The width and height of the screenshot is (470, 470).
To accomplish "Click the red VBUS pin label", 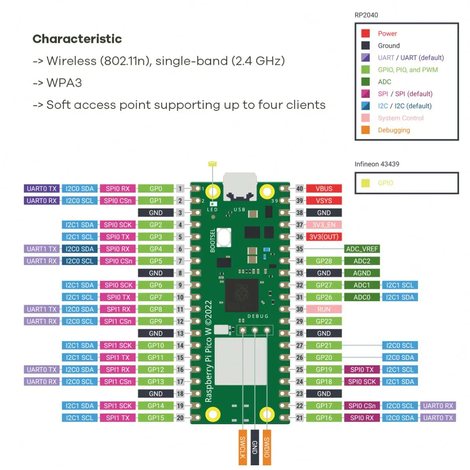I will (x=324, y=189).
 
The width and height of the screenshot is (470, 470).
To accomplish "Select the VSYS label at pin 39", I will (x=324, y=200).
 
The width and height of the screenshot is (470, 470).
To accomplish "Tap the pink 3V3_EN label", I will (x=324, y=225).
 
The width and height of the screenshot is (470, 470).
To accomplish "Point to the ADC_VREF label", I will (x=362, y=249).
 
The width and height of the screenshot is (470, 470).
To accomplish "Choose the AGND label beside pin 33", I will (x=362, y=273).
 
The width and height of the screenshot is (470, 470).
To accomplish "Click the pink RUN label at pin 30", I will (x=324, y=309).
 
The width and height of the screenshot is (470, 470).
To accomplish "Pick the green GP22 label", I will (x=324, y=321).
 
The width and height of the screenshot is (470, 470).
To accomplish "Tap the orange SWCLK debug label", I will (x=243, y=448).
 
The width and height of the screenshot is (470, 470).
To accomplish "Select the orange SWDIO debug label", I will (x=267, y=448).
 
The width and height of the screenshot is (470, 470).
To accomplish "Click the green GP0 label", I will (x=155, y=189).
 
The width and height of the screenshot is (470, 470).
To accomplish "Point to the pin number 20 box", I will (x=180, y=418).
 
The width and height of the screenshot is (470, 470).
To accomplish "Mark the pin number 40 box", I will (x=300, y=189).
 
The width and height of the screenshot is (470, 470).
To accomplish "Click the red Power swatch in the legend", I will (x=365, y=34).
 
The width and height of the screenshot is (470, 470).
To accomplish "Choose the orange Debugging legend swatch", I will (x=365, y=130).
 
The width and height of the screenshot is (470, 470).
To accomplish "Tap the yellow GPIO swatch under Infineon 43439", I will (x=365, y=183).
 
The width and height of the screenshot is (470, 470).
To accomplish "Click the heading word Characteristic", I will (x=77, y=39).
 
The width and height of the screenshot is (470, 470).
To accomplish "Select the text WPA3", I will (x=64, y=83).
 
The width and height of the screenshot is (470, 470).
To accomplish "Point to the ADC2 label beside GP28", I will (x=362, y=261).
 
